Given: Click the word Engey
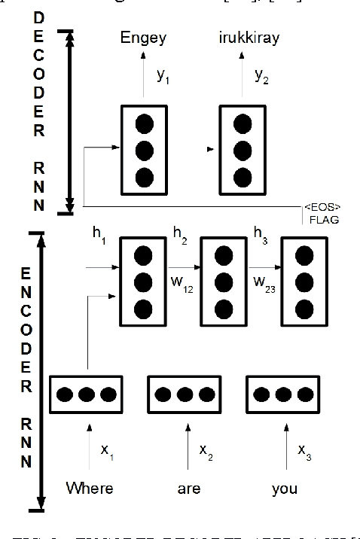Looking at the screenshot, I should pos(145,39).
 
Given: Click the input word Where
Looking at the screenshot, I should pos(90,489).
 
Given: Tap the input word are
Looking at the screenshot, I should pos(189,489).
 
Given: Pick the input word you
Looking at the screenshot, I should pos(285,489).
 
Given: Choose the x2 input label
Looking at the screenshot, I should pos(205,451).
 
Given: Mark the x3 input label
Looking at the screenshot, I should pos(303,451).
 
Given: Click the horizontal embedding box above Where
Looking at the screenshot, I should pos(86,394).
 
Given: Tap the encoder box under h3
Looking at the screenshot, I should pos(303,281).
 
